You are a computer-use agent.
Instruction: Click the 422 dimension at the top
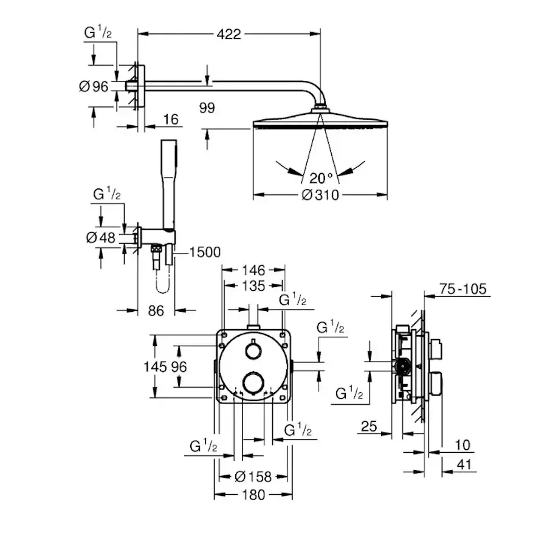pyautogui.click(x=229, y=35)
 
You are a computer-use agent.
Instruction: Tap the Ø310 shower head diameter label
pyautogui.click(x=320, y=195)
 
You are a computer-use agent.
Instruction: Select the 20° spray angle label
pyautogui.click(x=321, y=178)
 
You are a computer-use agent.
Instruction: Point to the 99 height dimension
pyautogui.click(x=207, y=108)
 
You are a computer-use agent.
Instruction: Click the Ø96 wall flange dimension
pyautogui.click(x=94, y=87)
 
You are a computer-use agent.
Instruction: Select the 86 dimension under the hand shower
pyautogui.click(x=156, y=311)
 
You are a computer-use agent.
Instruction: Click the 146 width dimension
pyautogui.click(x=253, y=269)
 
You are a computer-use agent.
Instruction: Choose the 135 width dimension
pyautogui.click(x=253, y=286)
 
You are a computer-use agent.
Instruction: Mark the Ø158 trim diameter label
pyautogui.click(x=253, y=477)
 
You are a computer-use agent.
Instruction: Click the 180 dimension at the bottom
pyautogui.click(x=253, y=495)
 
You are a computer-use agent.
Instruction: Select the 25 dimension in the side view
pyautogui.click(x=369, y=427)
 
